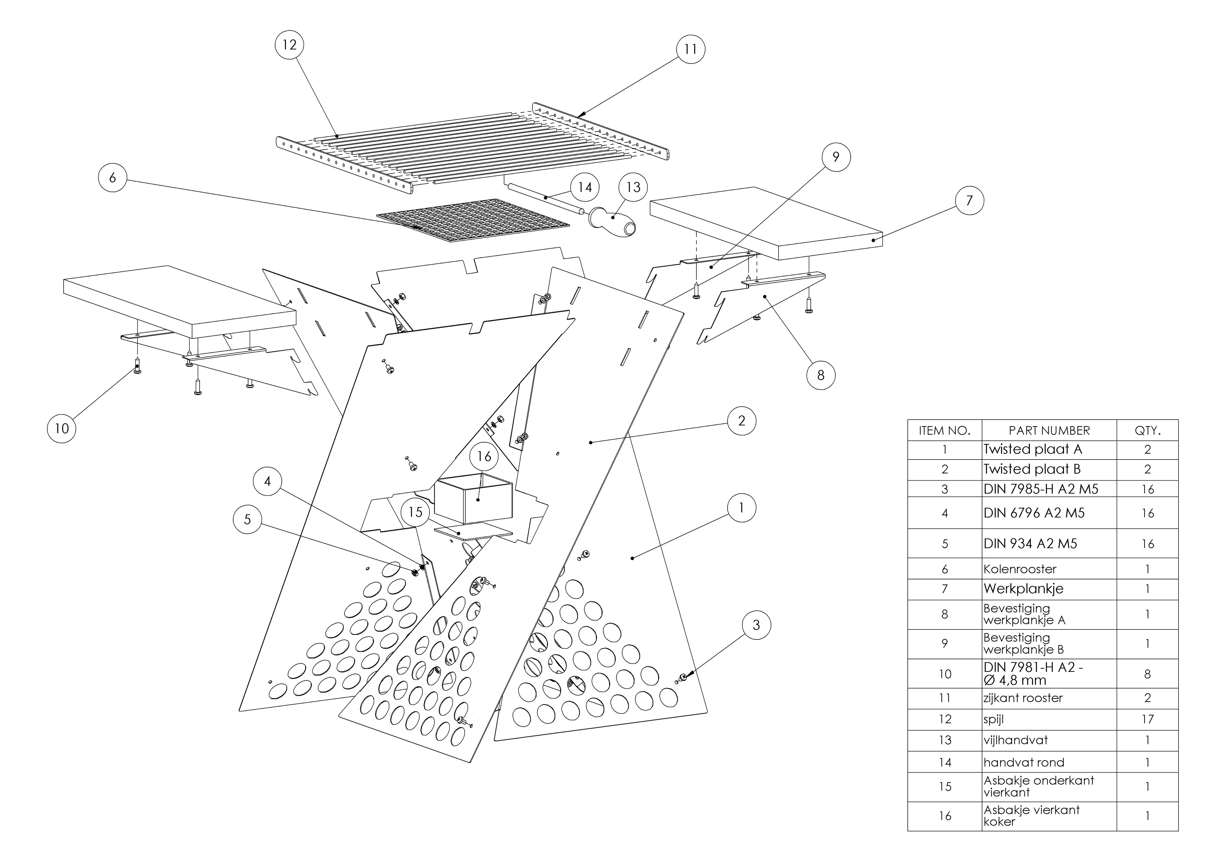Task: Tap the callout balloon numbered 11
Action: (690, 49)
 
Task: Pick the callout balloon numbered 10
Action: (62, 428)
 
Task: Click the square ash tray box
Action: (473, 498)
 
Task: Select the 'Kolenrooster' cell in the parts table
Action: (1019, 569)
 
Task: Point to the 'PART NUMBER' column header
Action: (1049, 430)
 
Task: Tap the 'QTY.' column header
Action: (1147, 430)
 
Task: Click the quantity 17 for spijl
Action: (1147, 719)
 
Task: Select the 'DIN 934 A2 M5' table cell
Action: (1030, 544)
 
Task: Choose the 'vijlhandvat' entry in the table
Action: (1015, 740)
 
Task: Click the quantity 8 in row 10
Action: (1147, 674)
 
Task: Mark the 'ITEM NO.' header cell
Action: (945, 430)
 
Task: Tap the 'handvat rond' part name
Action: (1024, 762)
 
